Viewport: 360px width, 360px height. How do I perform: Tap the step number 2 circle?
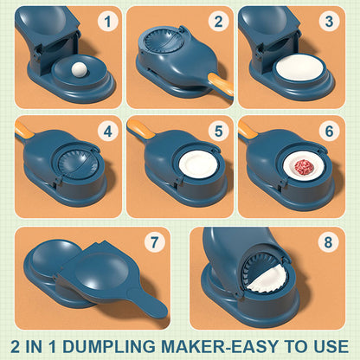click(219, 22)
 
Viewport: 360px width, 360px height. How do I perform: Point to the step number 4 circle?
click(107, 132)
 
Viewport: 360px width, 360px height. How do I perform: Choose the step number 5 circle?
click(219, 132)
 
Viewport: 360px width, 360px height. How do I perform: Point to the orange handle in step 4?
click(24, 130)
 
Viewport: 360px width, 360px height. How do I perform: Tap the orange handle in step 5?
click(137, 130)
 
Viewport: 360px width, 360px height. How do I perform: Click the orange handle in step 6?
click(249, 130)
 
